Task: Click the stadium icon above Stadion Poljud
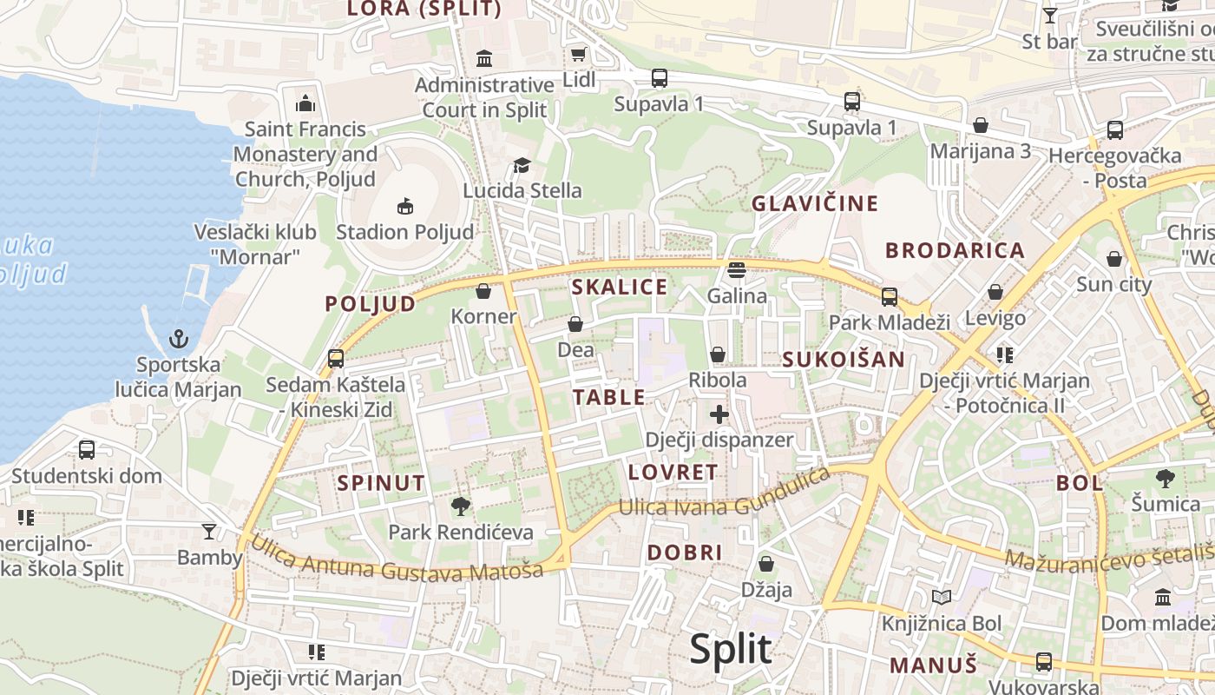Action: point(404,206)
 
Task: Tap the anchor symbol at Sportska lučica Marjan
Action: point(179,339)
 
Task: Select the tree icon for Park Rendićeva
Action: point(461,506)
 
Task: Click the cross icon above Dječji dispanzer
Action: point(719,414)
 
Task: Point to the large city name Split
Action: point(730,650)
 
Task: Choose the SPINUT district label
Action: point(381,483)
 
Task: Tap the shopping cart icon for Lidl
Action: point(578,55)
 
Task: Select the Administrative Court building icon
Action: point(484,59)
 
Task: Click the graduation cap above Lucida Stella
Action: point(522,165)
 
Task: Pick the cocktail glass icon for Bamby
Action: point(209,531)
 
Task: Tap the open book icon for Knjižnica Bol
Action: point(942,597)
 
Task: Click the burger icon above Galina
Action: point(737,270)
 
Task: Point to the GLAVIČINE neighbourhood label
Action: point(815,204)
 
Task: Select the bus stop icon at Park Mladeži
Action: point(890,296)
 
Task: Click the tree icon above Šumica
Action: point(1166,478)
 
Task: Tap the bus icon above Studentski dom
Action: point(87,449)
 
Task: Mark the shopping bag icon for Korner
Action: point(483,290)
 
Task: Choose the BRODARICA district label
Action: point(955,250)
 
